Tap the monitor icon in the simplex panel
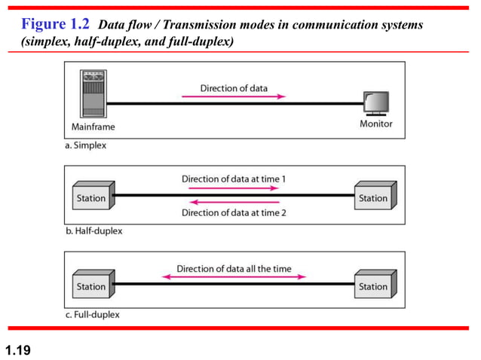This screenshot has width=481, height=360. click(375, 102)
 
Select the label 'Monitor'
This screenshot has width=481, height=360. click(375, 124)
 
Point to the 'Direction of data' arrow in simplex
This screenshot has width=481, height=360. click(233, 96)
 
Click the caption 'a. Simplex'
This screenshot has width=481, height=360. click(86, 146)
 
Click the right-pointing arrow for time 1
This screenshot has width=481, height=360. click(233, 189)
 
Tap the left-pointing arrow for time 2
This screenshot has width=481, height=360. click(233, 202)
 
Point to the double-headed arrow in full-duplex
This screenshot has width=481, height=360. click(234, 277)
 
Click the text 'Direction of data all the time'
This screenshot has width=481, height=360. click(234, 268)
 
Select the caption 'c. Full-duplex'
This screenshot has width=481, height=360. click(92, 315)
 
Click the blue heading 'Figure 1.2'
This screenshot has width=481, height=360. click(55, 25)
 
